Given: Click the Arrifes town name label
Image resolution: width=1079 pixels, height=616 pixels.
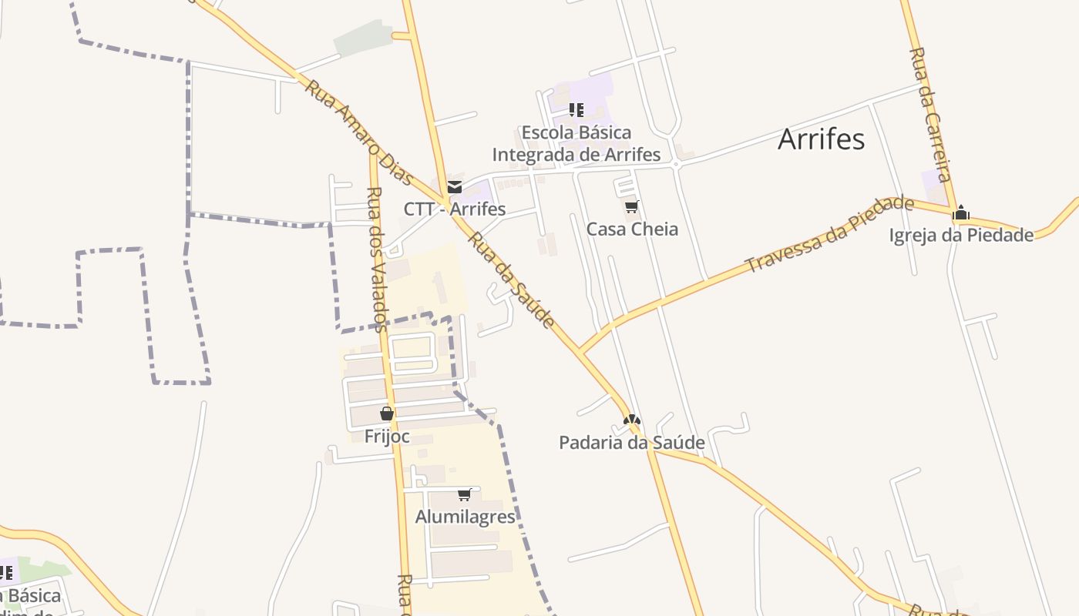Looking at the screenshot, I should click(821, 139).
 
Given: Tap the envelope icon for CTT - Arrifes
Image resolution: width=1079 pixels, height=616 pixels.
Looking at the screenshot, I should click(455, 187).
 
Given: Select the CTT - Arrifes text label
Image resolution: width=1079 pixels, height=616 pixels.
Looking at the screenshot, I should click(455, 209).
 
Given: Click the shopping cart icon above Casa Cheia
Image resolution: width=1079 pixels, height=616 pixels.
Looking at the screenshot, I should click(632, 206).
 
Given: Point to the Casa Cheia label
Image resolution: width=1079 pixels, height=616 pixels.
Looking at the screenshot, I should click(632, 229).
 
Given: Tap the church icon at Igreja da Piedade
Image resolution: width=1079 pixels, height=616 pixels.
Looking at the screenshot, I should click(960, 213).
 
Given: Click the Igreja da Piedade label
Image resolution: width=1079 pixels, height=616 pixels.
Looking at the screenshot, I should click(961, 236).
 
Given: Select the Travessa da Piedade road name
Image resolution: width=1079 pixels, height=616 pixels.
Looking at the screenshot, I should click(830, 235).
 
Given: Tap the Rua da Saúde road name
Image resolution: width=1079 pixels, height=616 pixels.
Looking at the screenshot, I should click(511, 280).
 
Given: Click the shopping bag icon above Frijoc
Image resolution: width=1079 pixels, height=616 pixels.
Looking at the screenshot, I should click(387, 414).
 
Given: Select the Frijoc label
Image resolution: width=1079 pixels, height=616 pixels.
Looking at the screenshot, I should click(387, 437).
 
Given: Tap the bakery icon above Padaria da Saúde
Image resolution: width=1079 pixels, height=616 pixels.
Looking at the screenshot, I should click(632, 420).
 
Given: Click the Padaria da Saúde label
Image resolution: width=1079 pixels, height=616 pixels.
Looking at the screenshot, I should click(632, 443).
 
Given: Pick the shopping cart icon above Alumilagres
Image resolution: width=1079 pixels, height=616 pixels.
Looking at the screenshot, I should click(464, 494).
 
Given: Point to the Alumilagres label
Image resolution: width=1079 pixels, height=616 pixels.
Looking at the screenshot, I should click(466, 517).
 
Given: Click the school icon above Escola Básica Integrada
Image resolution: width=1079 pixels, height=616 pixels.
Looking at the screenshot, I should click(576, 110).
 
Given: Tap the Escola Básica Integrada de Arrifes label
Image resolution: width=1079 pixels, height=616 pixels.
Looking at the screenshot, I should click(576, 143).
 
